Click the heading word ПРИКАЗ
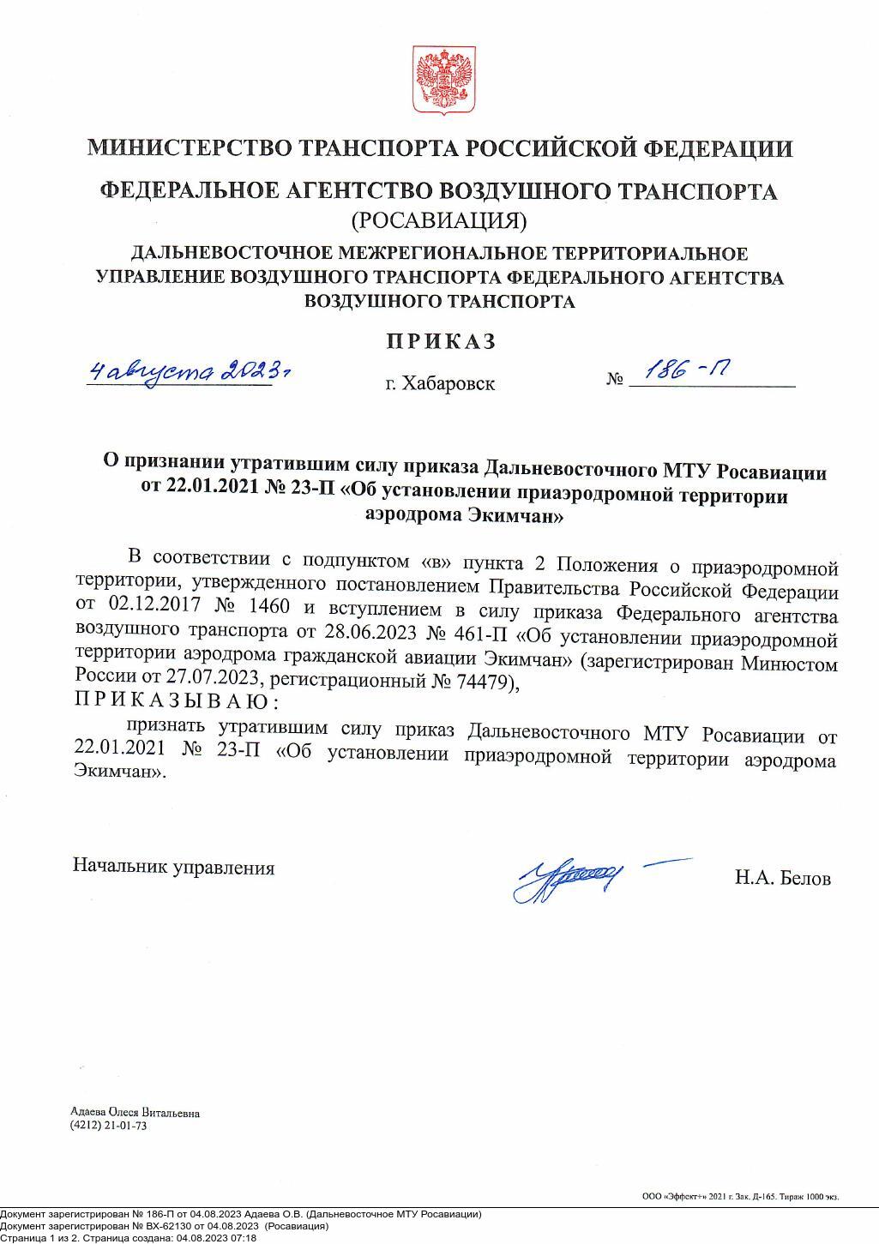pos(441,341)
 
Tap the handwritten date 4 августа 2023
pos(188,371)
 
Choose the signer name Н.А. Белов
pos(782,879)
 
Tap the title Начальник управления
pos(173,868)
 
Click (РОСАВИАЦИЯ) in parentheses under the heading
pos(439,220)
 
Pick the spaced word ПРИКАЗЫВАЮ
pos(176,702)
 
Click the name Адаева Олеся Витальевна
pos(135,1113)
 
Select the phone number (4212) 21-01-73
pos(109,1126)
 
